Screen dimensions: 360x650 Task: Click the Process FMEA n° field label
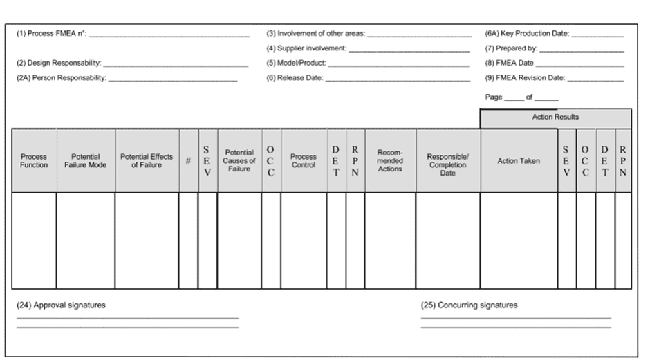pos(52,34)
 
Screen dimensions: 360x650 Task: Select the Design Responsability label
pos(59,64)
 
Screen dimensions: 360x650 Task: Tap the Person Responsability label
pos(62,78)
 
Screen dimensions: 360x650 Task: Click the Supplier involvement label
pos(306,49)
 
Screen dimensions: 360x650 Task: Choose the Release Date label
pos(295,78)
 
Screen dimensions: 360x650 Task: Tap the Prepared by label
pos(511,49)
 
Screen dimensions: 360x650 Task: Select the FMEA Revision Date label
pos(525,78)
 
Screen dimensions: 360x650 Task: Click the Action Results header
pos(555,117)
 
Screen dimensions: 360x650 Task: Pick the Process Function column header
pos(34,161)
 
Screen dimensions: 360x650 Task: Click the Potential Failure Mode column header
pos(86,161)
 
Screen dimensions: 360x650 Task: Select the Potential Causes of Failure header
pos(239,161)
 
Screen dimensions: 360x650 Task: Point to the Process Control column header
pos(304,161)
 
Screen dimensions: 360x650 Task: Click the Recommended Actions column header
pos(390,161)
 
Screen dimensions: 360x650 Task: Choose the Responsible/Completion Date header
pos(447,161)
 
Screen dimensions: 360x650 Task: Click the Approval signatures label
pos(61,305)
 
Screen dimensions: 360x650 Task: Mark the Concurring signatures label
pos(469,305)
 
